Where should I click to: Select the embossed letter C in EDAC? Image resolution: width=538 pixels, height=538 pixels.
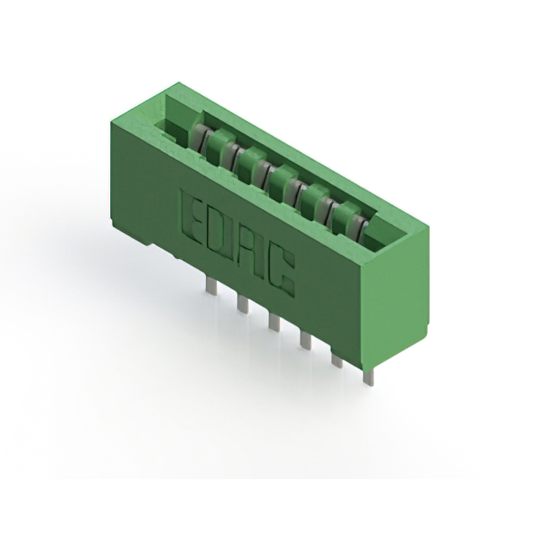tap(282, 273)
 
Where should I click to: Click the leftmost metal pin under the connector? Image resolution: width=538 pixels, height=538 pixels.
tap(210, 285)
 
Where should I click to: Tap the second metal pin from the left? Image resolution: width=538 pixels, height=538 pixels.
tap(243, 305)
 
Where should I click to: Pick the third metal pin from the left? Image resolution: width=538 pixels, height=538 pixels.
tap(274, 323)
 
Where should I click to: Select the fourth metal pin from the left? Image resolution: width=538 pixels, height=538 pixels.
tap(306, 340)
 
